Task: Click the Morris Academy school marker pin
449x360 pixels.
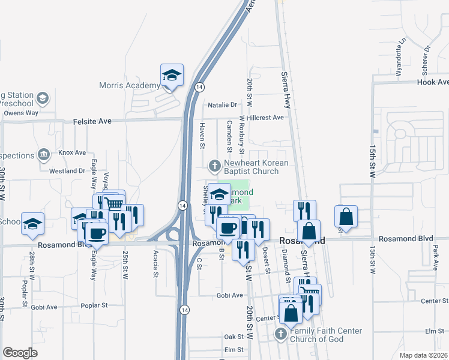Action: coord(172,76)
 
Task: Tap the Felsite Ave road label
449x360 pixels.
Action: coord(92,121)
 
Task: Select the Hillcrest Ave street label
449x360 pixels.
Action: coord(264,118)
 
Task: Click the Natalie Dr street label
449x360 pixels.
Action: coord(223,105)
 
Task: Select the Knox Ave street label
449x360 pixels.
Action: coord(72,153)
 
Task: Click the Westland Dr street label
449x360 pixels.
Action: coord(67,171)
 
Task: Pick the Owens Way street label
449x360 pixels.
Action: coord(21,112)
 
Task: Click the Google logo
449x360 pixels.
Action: coord(20,352)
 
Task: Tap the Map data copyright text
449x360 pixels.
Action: coord(423,355)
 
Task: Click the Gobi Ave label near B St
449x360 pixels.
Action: coord(229,295)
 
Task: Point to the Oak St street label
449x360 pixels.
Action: coord(234,337)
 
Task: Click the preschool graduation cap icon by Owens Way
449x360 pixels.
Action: coord(43,97)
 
